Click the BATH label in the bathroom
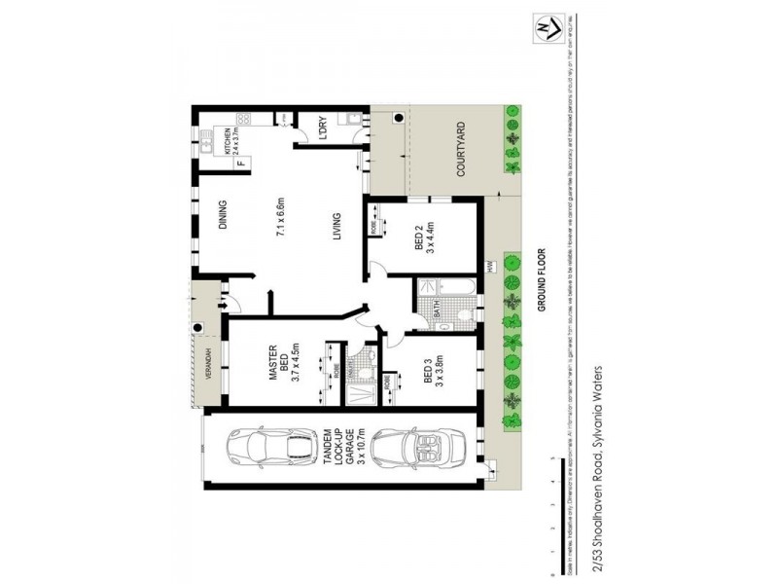point(438,310)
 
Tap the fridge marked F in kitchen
point(237,163)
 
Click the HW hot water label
point(491,265)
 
